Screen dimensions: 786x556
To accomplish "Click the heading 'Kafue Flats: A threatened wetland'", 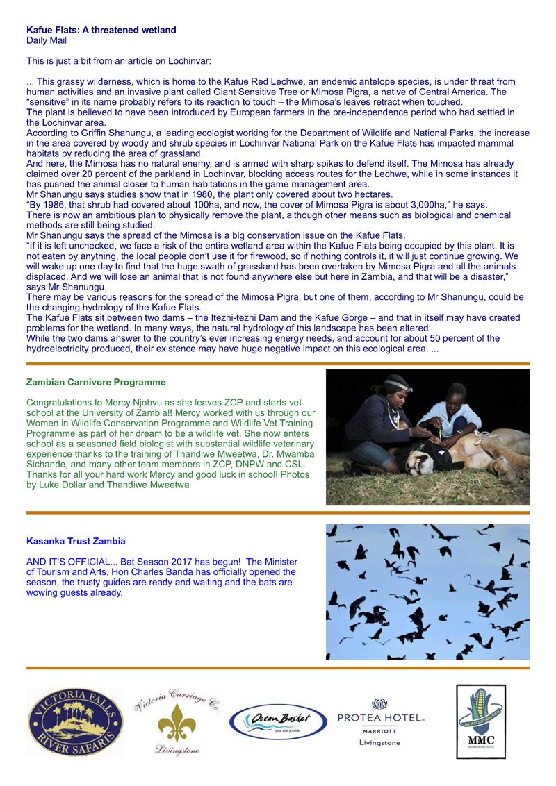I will tap(101, 30).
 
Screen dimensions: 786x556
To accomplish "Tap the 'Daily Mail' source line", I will tap(46, 40).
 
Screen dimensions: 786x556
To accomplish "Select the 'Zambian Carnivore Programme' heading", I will tap(95, 382).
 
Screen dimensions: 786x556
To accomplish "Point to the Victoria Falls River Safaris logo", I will tap(75, 721).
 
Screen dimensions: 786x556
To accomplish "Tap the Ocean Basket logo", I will tap(278, 721).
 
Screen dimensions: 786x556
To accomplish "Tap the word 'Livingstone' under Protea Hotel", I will tap(379, 743).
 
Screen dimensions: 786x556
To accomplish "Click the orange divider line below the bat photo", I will tap(278, 668).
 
